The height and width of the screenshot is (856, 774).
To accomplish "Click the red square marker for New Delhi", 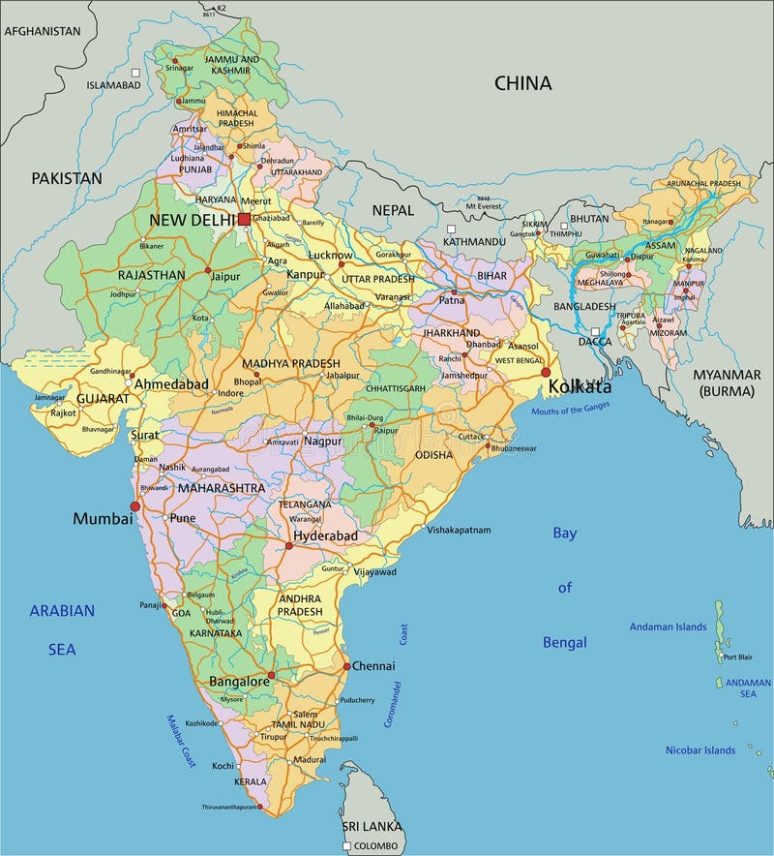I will [244, 220].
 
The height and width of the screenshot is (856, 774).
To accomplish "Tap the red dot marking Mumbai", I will [135, 505].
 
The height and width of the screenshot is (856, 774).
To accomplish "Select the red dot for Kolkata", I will [546, 372].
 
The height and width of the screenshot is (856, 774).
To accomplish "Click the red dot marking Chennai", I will [346, 666].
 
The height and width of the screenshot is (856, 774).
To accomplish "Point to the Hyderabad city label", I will [326, 535].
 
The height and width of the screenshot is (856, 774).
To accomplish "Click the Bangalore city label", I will [239, 682].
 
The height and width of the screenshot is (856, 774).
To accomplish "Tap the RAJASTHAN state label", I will [151, 275].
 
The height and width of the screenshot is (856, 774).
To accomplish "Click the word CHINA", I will [522, 83].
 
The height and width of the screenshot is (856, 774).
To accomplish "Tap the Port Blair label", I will [738, 657].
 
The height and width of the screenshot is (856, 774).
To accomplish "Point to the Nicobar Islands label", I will [700, 749].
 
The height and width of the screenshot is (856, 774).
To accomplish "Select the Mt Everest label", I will [484, 206].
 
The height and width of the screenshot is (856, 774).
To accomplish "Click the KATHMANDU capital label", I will [474, 241].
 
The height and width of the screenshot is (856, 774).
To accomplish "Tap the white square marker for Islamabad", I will [136, 73].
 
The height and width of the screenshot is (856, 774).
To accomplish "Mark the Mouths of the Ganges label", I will [571, 410].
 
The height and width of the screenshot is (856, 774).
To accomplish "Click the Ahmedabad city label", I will [171, 384].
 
